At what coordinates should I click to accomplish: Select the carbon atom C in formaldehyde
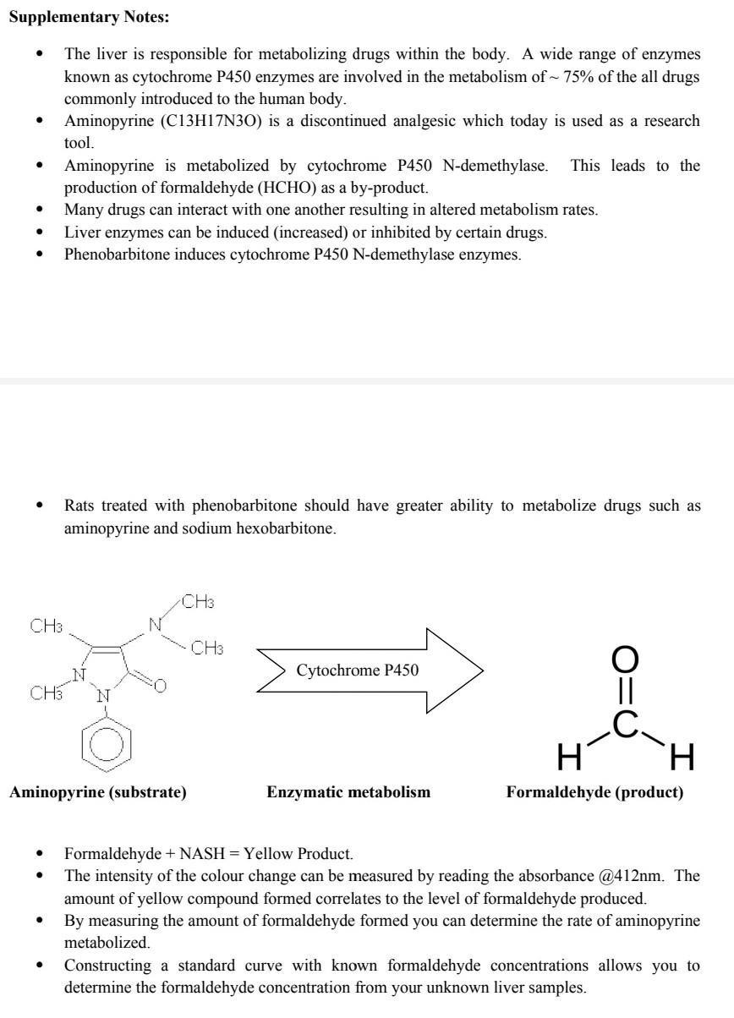coord(625,725)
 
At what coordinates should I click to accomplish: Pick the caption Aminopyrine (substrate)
coord(98,793)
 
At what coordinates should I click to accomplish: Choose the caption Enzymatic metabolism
coord(348,793)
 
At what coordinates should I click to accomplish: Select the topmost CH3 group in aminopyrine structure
coord(198,603)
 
